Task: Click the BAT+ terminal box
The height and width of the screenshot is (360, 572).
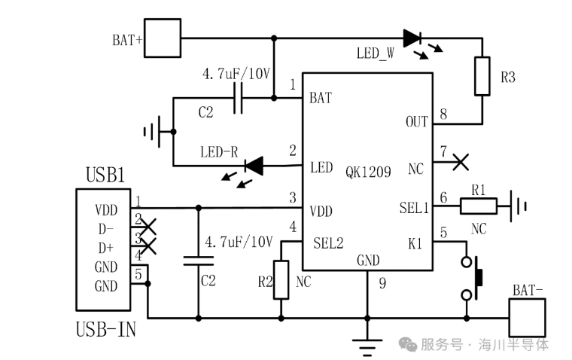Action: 163,38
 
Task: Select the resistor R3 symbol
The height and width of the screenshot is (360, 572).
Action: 482,76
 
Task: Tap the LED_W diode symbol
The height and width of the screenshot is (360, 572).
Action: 412,38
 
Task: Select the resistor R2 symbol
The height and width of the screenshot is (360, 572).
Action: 281,279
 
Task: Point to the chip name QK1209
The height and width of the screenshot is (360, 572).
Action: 368,172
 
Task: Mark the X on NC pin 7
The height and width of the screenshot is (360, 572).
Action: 461,160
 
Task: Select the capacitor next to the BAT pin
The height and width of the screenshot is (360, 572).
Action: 239,98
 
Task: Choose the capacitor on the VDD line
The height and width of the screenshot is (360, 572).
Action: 199,261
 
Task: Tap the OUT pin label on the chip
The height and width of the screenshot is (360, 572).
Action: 416,121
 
